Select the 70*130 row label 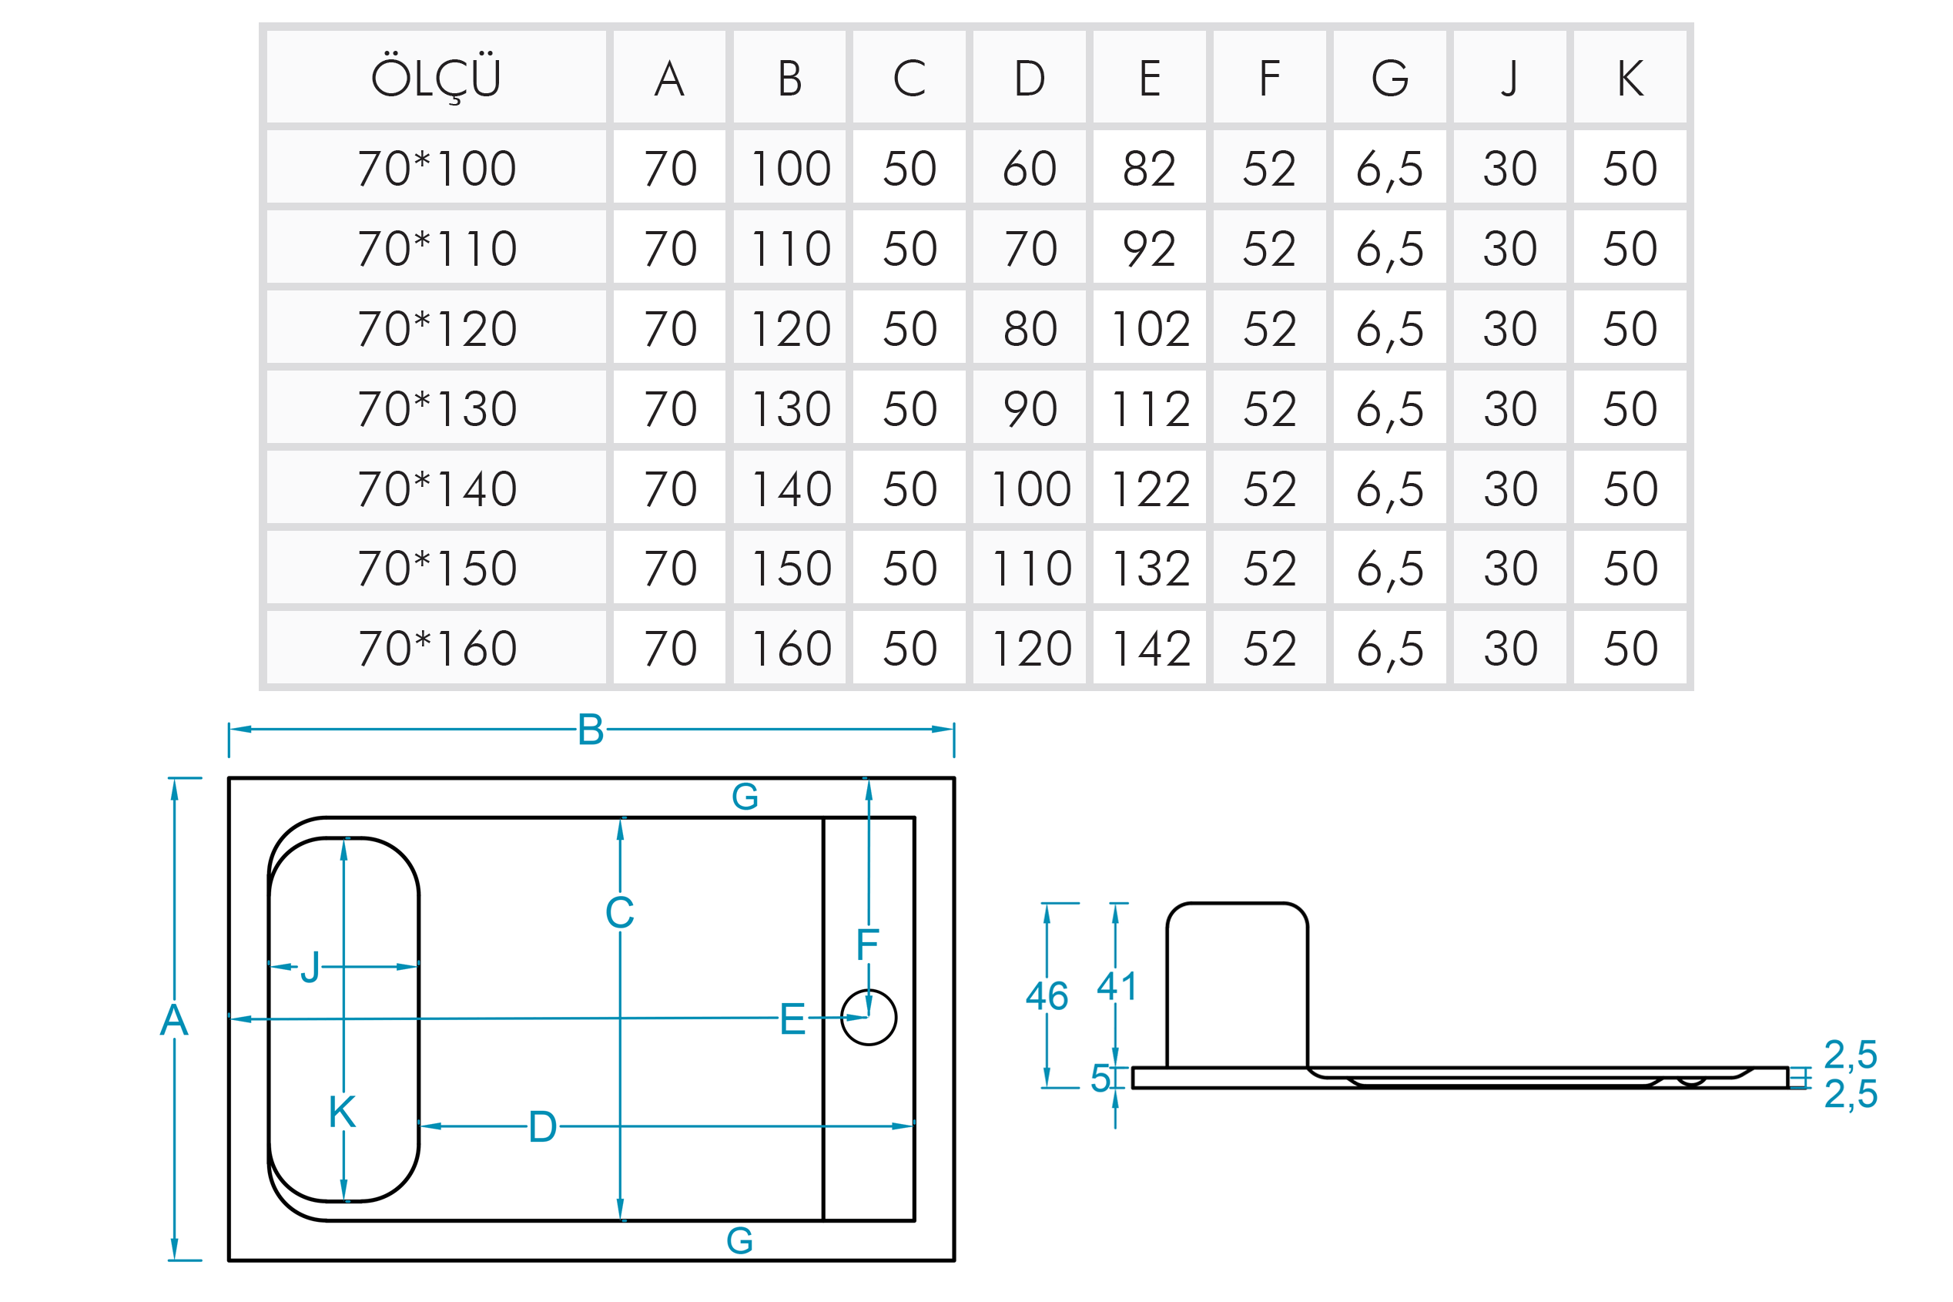click(x=437, y=408)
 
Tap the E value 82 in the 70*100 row click(x=1149, y=169)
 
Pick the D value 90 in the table click(x=1029, y=408)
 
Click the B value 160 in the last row click(x=789, y=649)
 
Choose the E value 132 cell click(x=1149, y=569)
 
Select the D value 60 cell click(x=1029, y=169)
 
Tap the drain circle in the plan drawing click(x=868, y=1017)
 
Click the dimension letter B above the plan click(x=590, y=730)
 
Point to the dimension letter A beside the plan click(x=173, y=1020)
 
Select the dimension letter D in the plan click(x=542, y=1127)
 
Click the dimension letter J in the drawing click(x=310, y=968)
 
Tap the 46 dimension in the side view click(x=1046, y=995)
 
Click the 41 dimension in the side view click(x=1116, y=985)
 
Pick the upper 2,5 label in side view click(x=1850, y=1055)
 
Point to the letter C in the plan click(x=619, y=914)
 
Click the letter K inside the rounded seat click(x=342, y=1112)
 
